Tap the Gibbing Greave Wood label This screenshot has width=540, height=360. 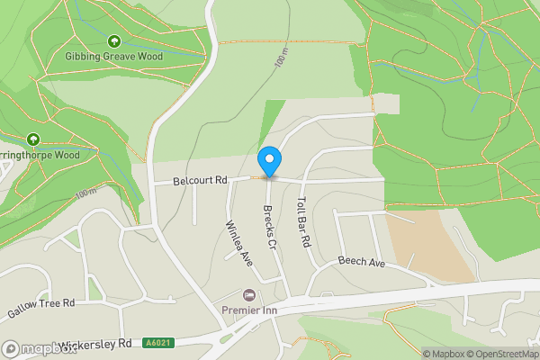pyautogui.click(x=113, y=56)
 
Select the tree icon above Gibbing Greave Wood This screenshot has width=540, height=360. pyautogui.click(x=113, y=40)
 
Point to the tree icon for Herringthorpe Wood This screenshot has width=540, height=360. pyautogui.click(x=33, y=139)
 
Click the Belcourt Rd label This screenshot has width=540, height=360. pyautogui.click(x=200, y=181)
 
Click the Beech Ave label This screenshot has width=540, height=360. pyautogui.click(x=361, y=262)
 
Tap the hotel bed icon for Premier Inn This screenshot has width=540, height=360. pyautogui.click(x=249, y=295)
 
